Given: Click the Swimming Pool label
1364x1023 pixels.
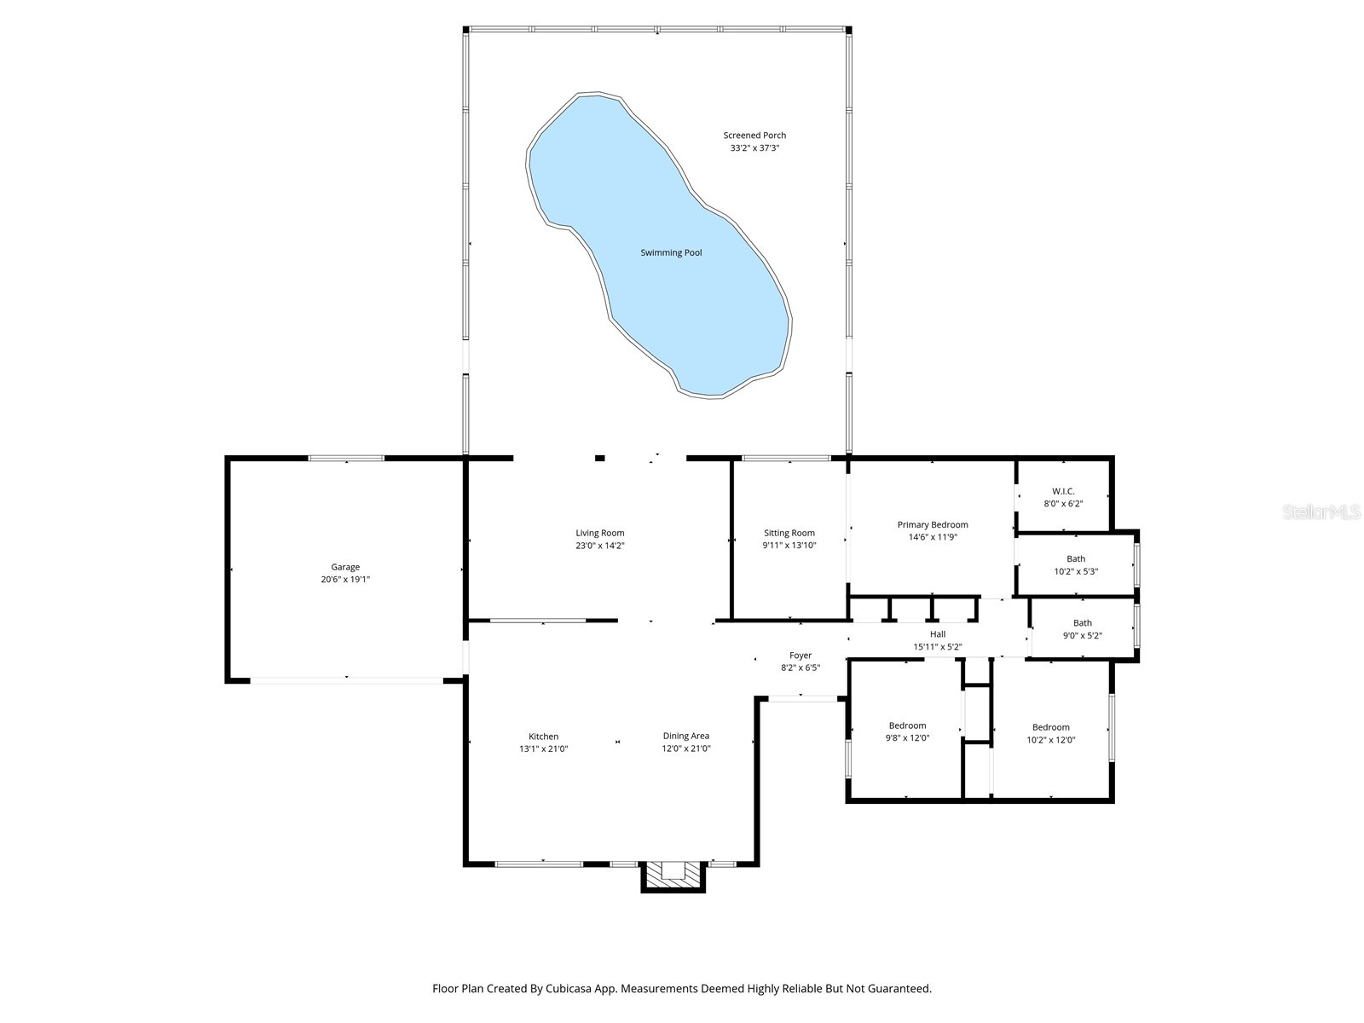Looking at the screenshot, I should (671, 252).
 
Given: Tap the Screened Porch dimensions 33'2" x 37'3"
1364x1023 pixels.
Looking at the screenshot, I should (754, 148).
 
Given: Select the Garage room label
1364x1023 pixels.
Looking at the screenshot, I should (345, 567).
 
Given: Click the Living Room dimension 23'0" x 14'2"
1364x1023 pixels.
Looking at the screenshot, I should (600, 546).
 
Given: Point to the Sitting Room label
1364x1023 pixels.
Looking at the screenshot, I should (789, 533).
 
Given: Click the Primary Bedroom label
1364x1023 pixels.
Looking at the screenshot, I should (932, 524).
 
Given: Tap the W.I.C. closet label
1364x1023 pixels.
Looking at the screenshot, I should (1062, 491).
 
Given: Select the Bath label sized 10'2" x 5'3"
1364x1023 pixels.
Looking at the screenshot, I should (1076, 559).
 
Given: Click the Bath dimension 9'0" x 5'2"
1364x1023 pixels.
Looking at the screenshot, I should (1082, 635).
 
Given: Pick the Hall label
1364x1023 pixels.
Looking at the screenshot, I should (937, 634).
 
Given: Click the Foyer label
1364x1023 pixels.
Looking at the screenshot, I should (800, 656).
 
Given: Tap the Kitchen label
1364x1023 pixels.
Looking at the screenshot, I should (543, 737).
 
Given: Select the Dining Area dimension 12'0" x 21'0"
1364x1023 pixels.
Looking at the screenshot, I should (685, 748).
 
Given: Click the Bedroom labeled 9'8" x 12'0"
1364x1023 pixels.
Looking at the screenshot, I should (906, 725).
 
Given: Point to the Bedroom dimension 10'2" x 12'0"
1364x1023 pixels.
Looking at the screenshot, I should (1050, 740).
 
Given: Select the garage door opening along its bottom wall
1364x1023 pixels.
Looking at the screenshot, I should (346, 680).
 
